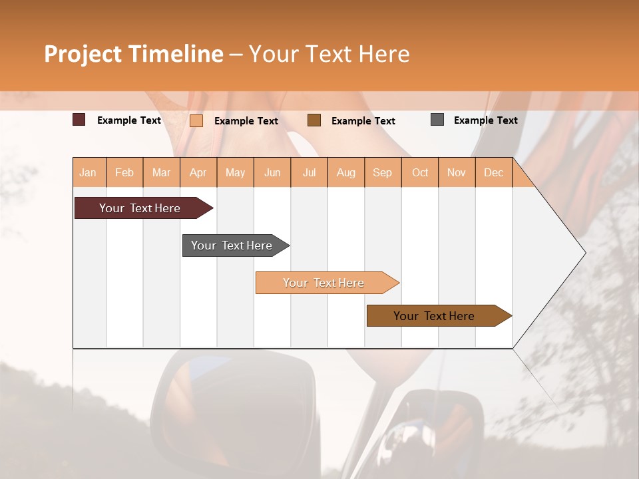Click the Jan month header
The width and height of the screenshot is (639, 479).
[89, 172]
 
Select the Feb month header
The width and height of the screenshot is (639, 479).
[124, 172]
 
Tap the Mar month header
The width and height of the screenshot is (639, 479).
[161, 172]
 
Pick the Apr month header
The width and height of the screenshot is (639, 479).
[198, 172]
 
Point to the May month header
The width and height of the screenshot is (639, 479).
[235, 172]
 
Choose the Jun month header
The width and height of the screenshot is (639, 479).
[272, 172]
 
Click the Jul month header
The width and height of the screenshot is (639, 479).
[309, 172]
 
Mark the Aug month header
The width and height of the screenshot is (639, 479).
[346, 172]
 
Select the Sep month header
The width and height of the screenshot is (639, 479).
[383, 172]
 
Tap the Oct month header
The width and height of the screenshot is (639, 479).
[420, 172]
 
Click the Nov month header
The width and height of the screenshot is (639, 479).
[457, 172]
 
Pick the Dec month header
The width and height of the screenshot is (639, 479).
[494, 172]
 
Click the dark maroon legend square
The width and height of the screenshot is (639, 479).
[79, 120]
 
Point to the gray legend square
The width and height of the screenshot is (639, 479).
[437, 120]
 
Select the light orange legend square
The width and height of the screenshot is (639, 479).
[196, 120]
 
